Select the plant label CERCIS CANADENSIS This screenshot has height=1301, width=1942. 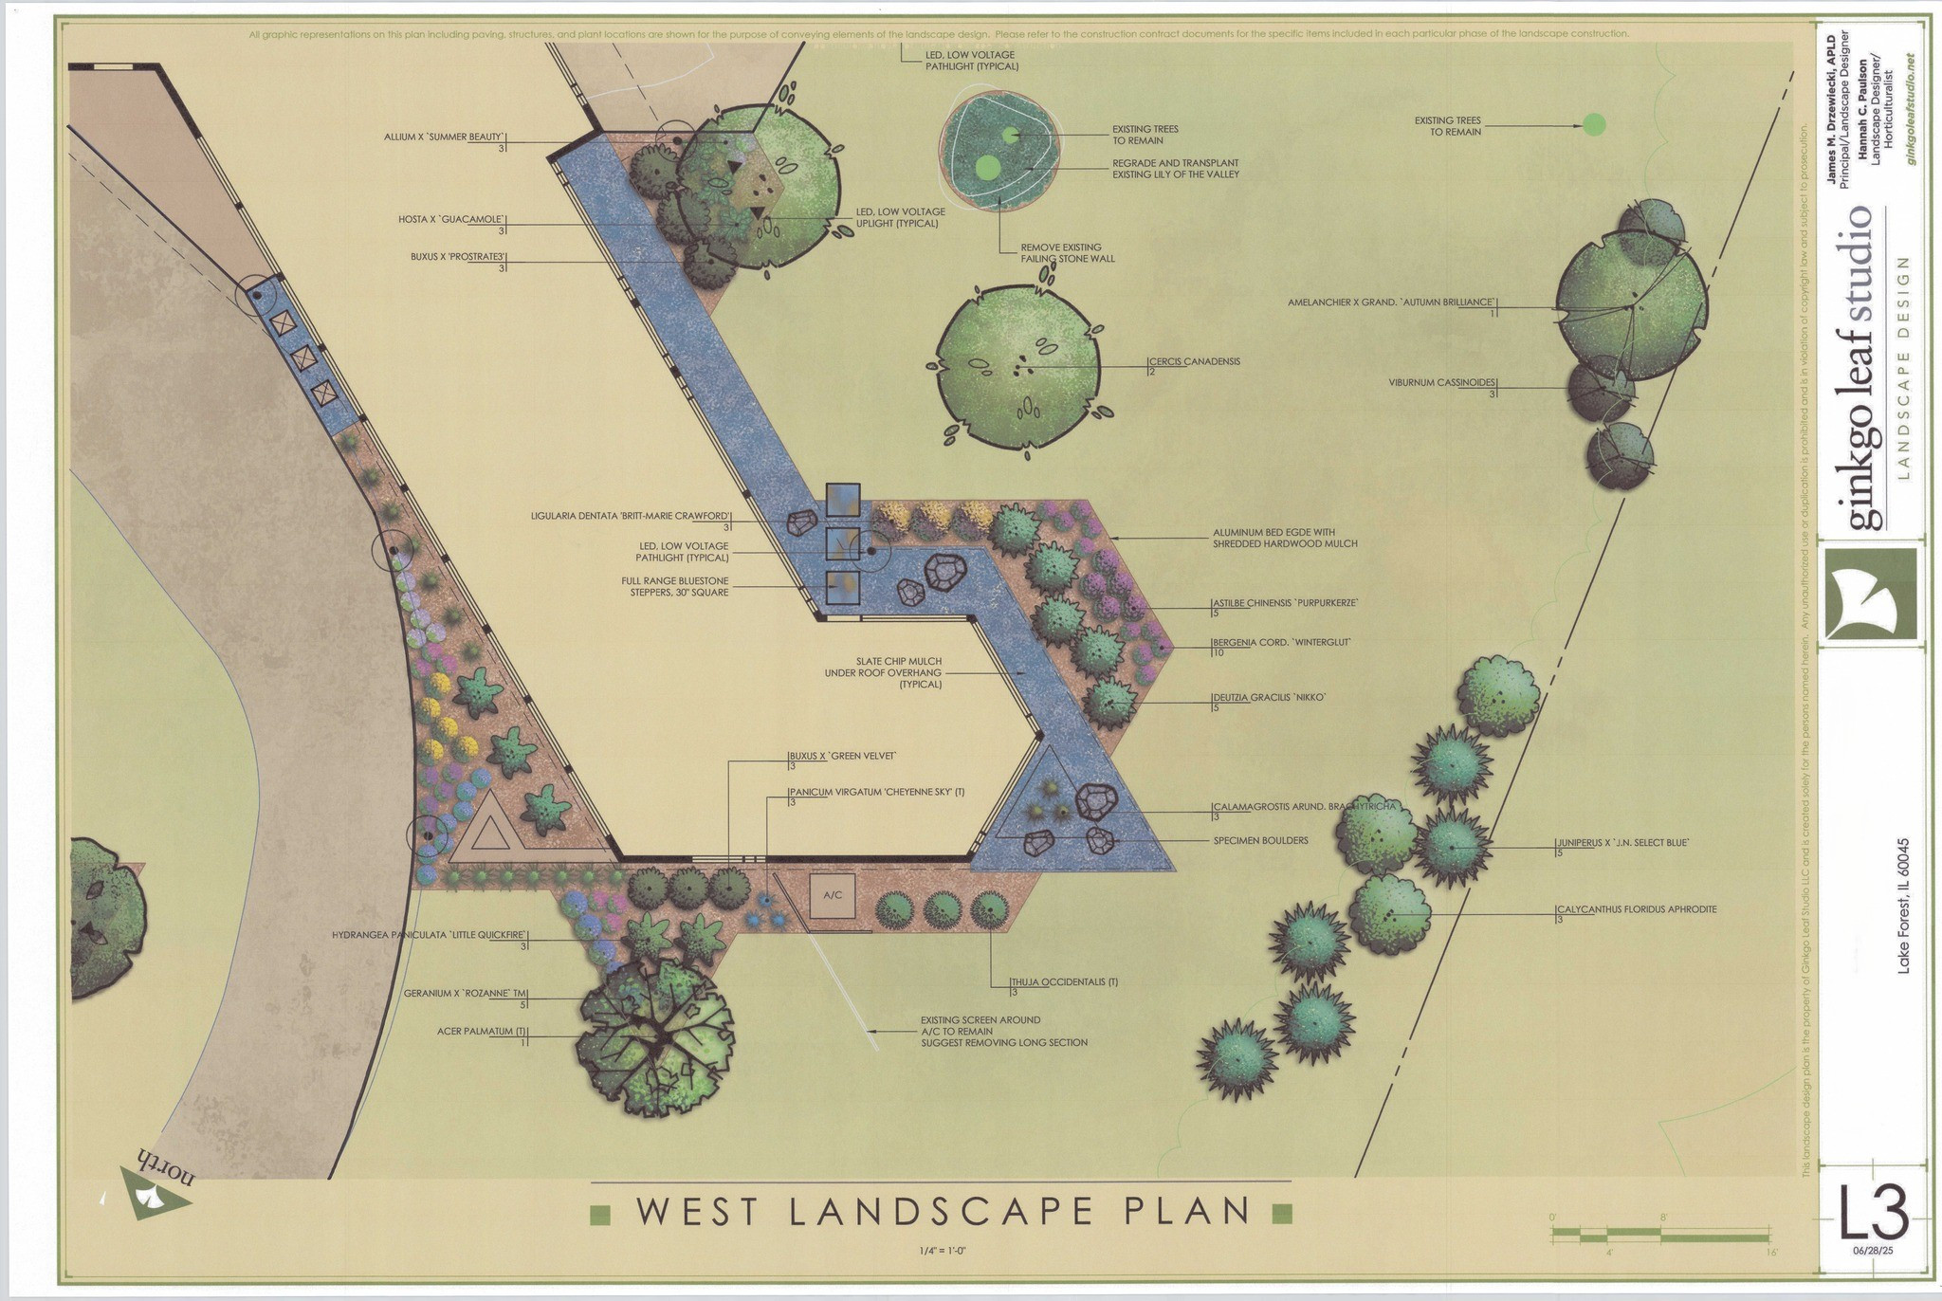tap(1194, 361)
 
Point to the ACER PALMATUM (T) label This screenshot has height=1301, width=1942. tap(481, 1031)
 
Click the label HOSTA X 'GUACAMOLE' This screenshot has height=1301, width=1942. tap(450, 220)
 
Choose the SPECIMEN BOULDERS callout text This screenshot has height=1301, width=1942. tap(1260, 840)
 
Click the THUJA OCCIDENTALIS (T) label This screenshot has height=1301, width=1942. tap(1063, 982)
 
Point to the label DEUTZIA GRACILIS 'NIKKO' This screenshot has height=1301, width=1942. tap(1269, 698)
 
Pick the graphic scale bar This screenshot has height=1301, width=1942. tap(1659, 1235)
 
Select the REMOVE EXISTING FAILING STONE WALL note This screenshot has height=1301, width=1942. tap(1068, 252)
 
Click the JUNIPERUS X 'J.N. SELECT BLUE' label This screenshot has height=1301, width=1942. tap(1621, 842)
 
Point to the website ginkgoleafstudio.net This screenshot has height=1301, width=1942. tap(1911, 109)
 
